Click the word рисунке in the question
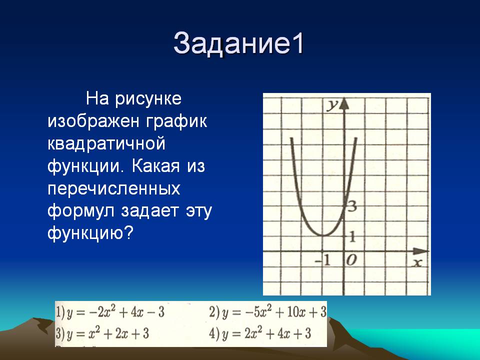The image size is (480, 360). click(x=148, y=99)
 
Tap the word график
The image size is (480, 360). click(x=176, y=121)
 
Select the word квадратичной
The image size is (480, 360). click(x=106, y=144)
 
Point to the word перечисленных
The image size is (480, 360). click(x=114, y=189)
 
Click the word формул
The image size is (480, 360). click(x=81, y=211)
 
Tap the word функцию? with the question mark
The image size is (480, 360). click(x=90, y=233)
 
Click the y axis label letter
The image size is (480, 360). click(x=332, y=105)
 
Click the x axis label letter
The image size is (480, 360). click(x=417, y=262)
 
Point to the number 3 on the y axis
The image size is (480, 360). click(x=352, y=206)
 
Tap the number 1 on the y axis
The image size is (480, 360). click(x=352, y=236)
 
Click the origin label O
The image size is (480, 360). click(x=351, y=260)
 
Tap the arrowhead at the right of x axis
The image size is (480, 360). click(x=422, y=251)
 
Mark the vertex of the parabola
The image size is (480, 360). click(x=323, y=235)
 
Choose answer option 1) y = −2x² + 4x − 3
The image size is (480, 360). click(x=110, y=312)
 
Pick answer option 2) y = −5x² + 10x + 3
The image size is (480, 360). click(x=268, y=312)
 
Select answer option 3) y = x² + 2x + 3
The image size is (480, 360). click(x=102, y=333)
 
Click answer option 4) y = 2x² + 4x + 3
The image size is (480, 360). click(x=260, y=333)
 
